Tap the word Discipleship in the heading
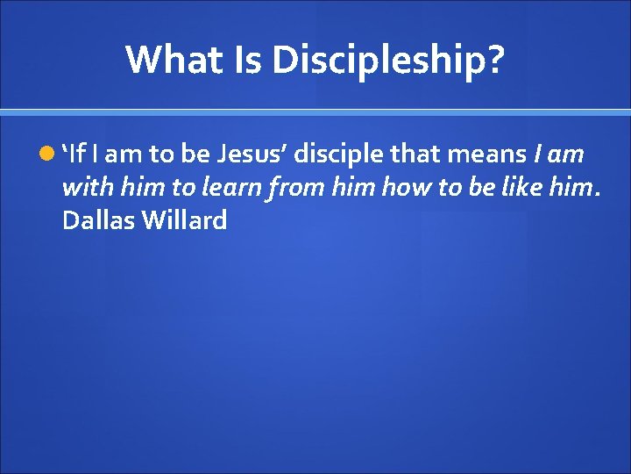click(378, 60)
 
